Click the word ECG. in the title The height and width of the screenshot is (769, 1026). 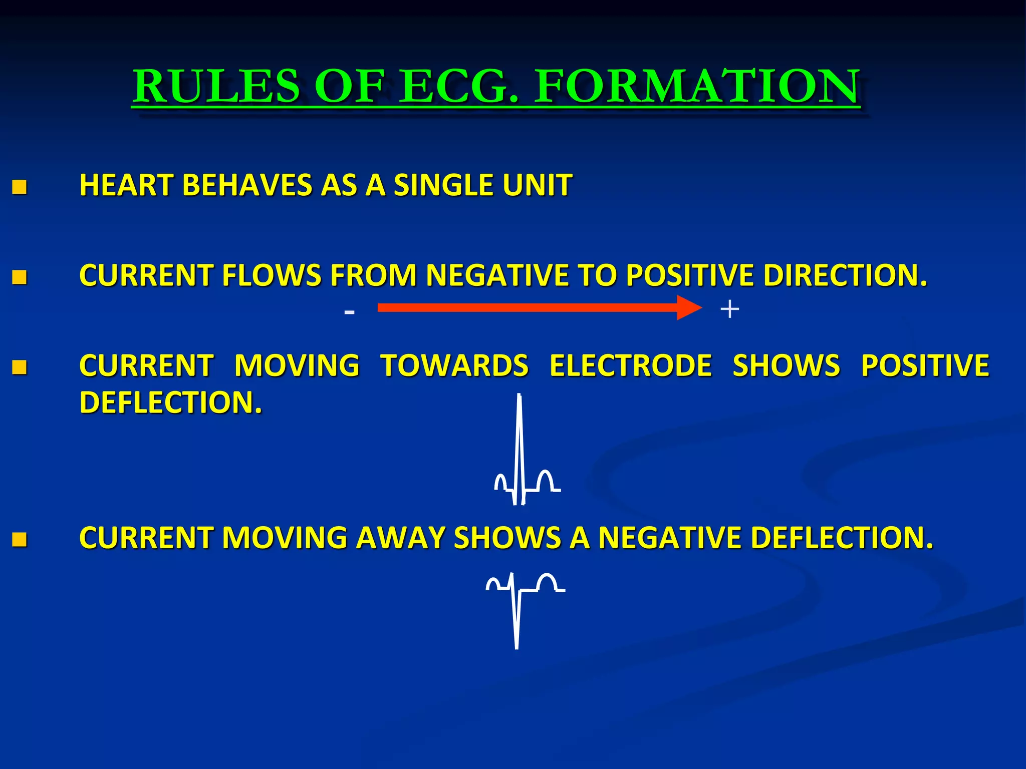click(460, 87)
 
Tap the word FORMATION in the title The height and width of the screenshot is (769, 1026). click(697, 87)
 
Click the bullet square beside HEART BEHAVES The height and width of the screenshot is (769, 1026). click(20, 187)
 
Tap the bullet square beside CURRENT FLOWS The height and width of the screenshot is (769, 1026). click(20, 277)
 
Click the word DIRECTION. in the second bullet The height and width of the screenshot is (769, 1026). click(845, 275)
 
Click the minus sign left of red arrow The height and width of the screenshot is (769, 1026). click(350, 312)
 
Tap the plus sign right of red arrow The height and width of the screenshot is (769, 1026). click(729, 309)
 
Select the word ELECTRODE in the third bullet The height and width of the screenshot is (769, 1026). click(630, 365)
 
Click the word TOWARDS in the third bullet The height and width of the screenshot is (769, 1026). click(454, 365)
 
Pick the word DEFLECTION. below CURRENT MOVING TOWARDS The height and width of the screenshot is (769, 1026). click(170, 403)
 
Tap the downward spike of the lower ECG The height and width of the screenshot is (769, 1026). click(517, 626)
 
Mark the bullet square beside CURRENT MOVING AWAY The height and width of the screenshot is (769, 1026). click(20, 540)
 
